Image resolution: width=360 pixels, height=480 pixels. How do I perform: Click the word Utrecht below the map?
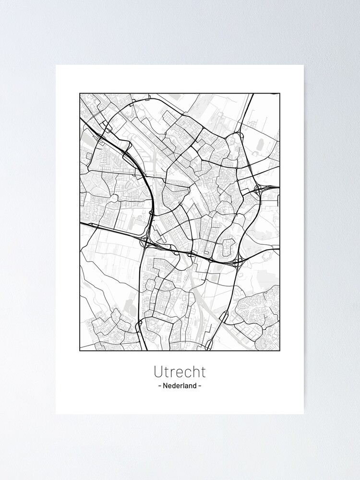(180, 372)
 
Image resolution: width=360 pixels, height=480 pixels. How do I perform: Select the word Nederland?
(180, 385)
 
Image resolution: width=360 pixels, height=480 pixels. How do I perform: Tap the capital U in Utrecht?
(158, 372)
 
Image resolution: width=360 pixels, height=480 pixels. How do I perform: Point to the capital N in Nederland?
(165, 385)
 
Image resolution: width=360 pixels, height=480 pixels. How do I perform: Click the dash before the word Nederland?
(159, 386)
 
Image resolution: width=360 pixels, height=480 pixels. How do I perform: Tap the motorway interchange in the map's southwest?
(146, 240)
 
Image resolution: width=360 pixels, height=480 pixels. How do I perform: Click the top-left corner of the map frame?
(80, 93)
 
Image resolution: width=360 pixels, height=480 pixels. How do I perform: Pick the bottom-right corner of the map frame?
(279, 351)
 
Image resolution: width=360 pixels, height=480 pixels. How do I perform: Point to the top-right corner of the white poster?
(304, 65)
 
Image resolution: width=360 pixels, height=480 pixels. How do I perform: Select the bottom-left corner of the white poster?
(56, 414)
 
